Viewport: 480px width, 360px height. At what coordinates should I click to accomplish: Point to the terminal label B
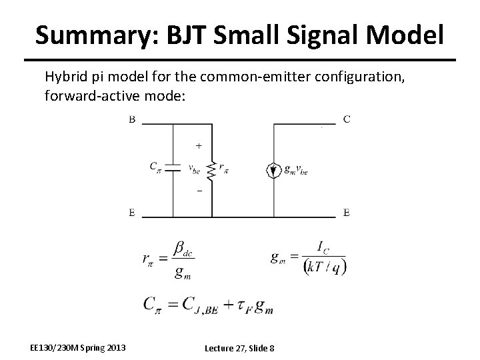pyautogui.click(x=132, y=119)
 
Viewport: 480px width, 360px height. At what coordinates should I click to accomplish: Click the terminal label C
pyautogui.click(x=347, y=119)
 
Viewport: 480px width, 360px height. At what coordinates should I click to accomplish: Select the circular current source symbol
pyautogui.click(x=273, y=170)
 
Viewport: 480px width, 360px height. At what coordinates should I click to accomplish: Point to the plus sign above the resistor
pyautogui.click(x=199, y=144)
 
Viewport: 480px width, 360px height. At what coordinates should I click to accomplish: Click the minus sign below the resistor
pyautogui.click(x=199, y=191)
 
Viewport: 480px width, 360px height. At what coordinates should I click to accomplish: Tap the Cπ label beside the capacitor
pyautogui.click(x=155, y=167)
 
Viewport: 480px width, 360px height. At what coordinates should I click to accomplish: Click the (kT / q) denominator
pyautogui.click(x=324, y=266)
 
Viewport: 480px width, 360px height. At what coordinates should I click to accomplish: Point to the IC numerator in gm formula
pyautogui.click(x=322, y=248)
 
